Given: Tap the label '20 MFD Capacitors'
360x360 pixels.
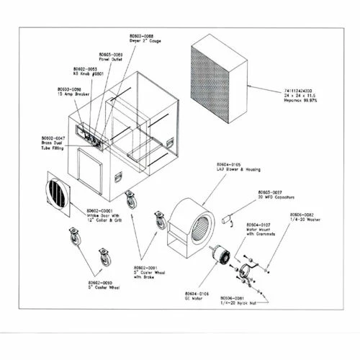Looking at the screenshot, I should (x=276, y=197).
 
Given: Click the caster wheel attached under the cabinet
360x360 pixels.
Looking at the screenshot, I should (x=130, y=198).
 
